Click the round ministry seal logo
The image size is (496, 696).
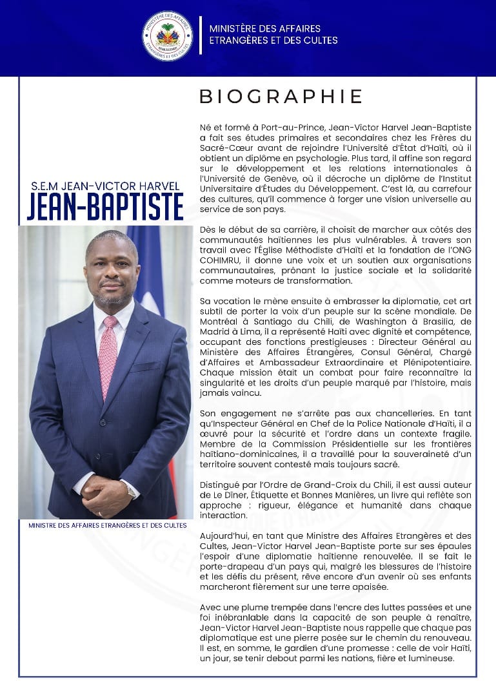(167, 36)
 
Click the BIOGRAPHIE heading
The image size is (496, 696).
(281, 97)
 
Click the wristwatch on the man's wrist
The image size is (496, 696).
(132, 489)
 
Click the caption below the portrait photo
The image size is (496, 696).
(107, 525)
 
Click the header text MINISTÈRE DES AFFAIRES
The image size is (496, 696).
(264, 29)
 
